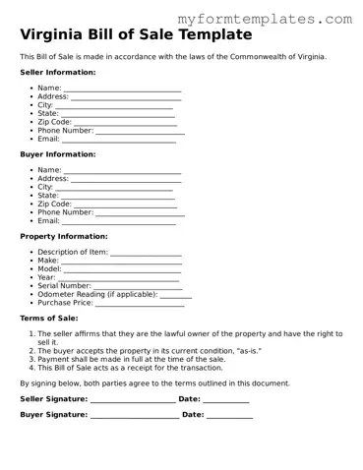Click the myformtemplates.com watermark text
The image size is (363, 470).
279,19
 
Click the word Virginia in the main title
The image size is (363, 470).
53,35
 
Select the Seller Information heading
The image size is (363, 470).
58,73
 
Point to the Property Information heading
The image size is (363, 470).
64,236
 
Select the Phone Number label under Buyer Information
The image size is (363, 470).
65,212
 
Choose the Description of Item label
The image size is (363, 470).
73,253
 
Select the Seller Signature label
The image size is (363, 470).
53,399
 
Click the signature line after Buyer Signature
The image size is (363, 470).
134,416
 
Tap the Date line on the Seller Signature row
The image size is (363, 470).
226,399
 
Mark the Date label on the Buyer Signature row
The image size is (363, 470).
193,415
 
